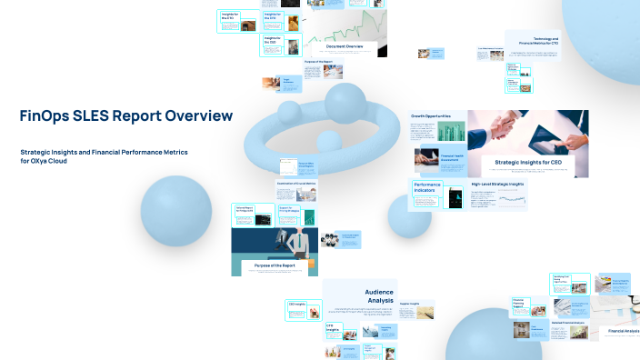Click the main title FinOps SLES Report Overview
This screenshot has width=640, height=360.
[x=125, y=116]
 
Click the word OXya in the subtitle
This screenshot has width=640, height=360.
[x=43, y=161]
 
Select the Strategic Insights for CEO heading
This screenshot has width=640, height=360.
[x=522, y=161]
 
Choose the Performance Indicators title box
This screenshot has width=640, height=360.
[x=427, y=188]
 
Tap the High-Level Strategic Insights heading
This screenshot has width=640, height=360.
[x=497, y=185]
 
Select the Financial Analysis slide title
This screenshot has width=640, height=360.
[x=624, y=331]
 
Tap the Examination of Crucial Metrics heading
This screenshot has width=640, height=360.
[x=296, y=183]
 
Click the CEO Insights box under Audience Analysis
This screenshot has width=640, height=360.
[x=297, y=305]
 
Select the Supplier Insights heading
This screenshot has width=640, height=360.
[x=408, y=304]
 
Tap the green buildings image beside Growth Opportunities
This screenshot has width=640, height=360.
[x=450, y=131]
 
